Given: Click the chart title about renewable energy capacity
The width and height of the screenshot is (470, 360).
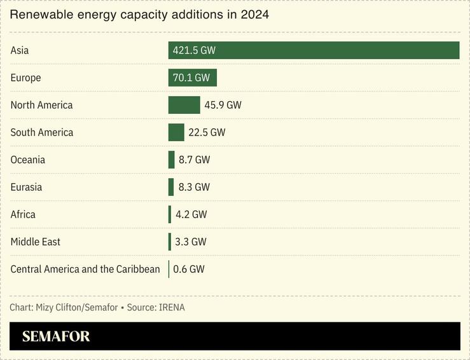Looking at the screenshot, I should pyautogui.click(x=139, y=15).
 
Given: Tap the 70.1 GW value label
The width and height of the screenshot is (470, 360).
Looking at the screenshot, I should pyautogui.click(x=191, y=78).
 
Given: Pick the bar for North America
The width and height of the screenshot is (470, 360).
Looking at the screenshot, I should pyautogui.click(x=184, y=105).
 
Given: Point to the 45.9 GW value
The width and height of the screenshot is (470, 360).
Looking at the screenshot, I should pyautogui.click(x=223, y=105).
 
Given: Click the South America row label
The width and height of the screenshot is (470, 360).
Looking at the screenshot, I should pyautogui.click(x=42, y=132).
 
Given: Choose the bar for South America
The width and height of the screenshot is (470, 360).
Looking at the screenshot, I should pyautogui.click(x=176, y=132).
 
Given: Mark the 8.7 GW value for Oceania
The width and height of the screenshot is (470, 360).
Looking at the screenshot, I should pyautogui.click(x=194, y=160).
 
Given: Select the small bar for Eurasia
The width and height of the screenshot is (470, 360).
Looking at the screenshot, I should pyautogui.click(x=171, y=187).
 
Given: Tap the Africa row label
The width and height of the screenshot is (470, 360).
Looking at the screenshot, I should pyautogui.click(x=23, y=214).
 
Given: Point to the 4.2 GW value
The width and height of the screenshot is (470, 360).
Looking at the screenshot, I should pyautogui.click(x=191, y=214).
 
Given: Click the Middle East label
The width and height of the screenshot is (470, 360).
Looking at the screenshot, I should pyautogui.click(x=36, y=242).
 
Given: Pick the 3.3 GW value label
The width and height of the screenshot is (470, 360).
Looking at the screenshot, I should pyautogui.click(x=191, y=242).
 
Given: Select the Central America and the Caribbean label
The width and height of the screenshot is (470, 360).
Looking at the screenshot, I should pyautogui.click(x=85, y=269).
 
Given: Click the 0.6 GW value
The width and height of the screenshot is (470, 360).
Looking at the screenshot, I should pyautogui.click(x=189, y=269).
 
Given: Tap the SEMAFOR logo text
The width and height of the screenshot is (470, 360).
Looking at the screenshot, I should pyautogui.click(x=56, y=336).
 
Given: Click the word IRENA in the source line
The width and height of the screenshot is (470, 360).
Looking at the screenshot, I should pyautogui.click(x=172, y=308).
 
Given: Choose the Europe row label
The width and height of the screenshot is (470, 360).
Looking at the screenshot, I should pyautogui.click(x=25, y=78).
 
